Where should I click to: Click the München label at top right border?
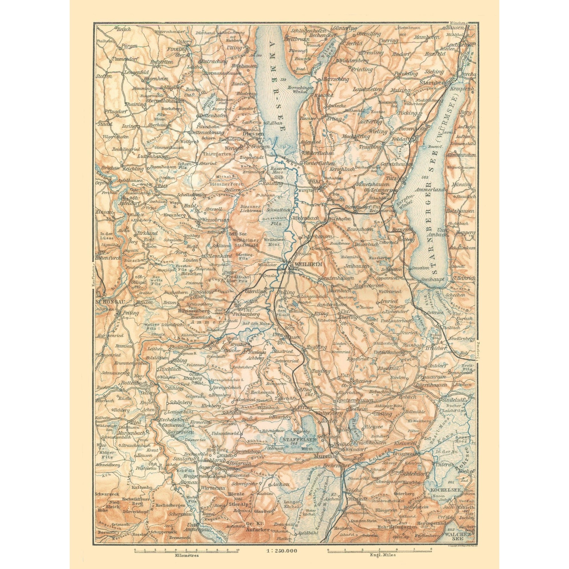point(457,23)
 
